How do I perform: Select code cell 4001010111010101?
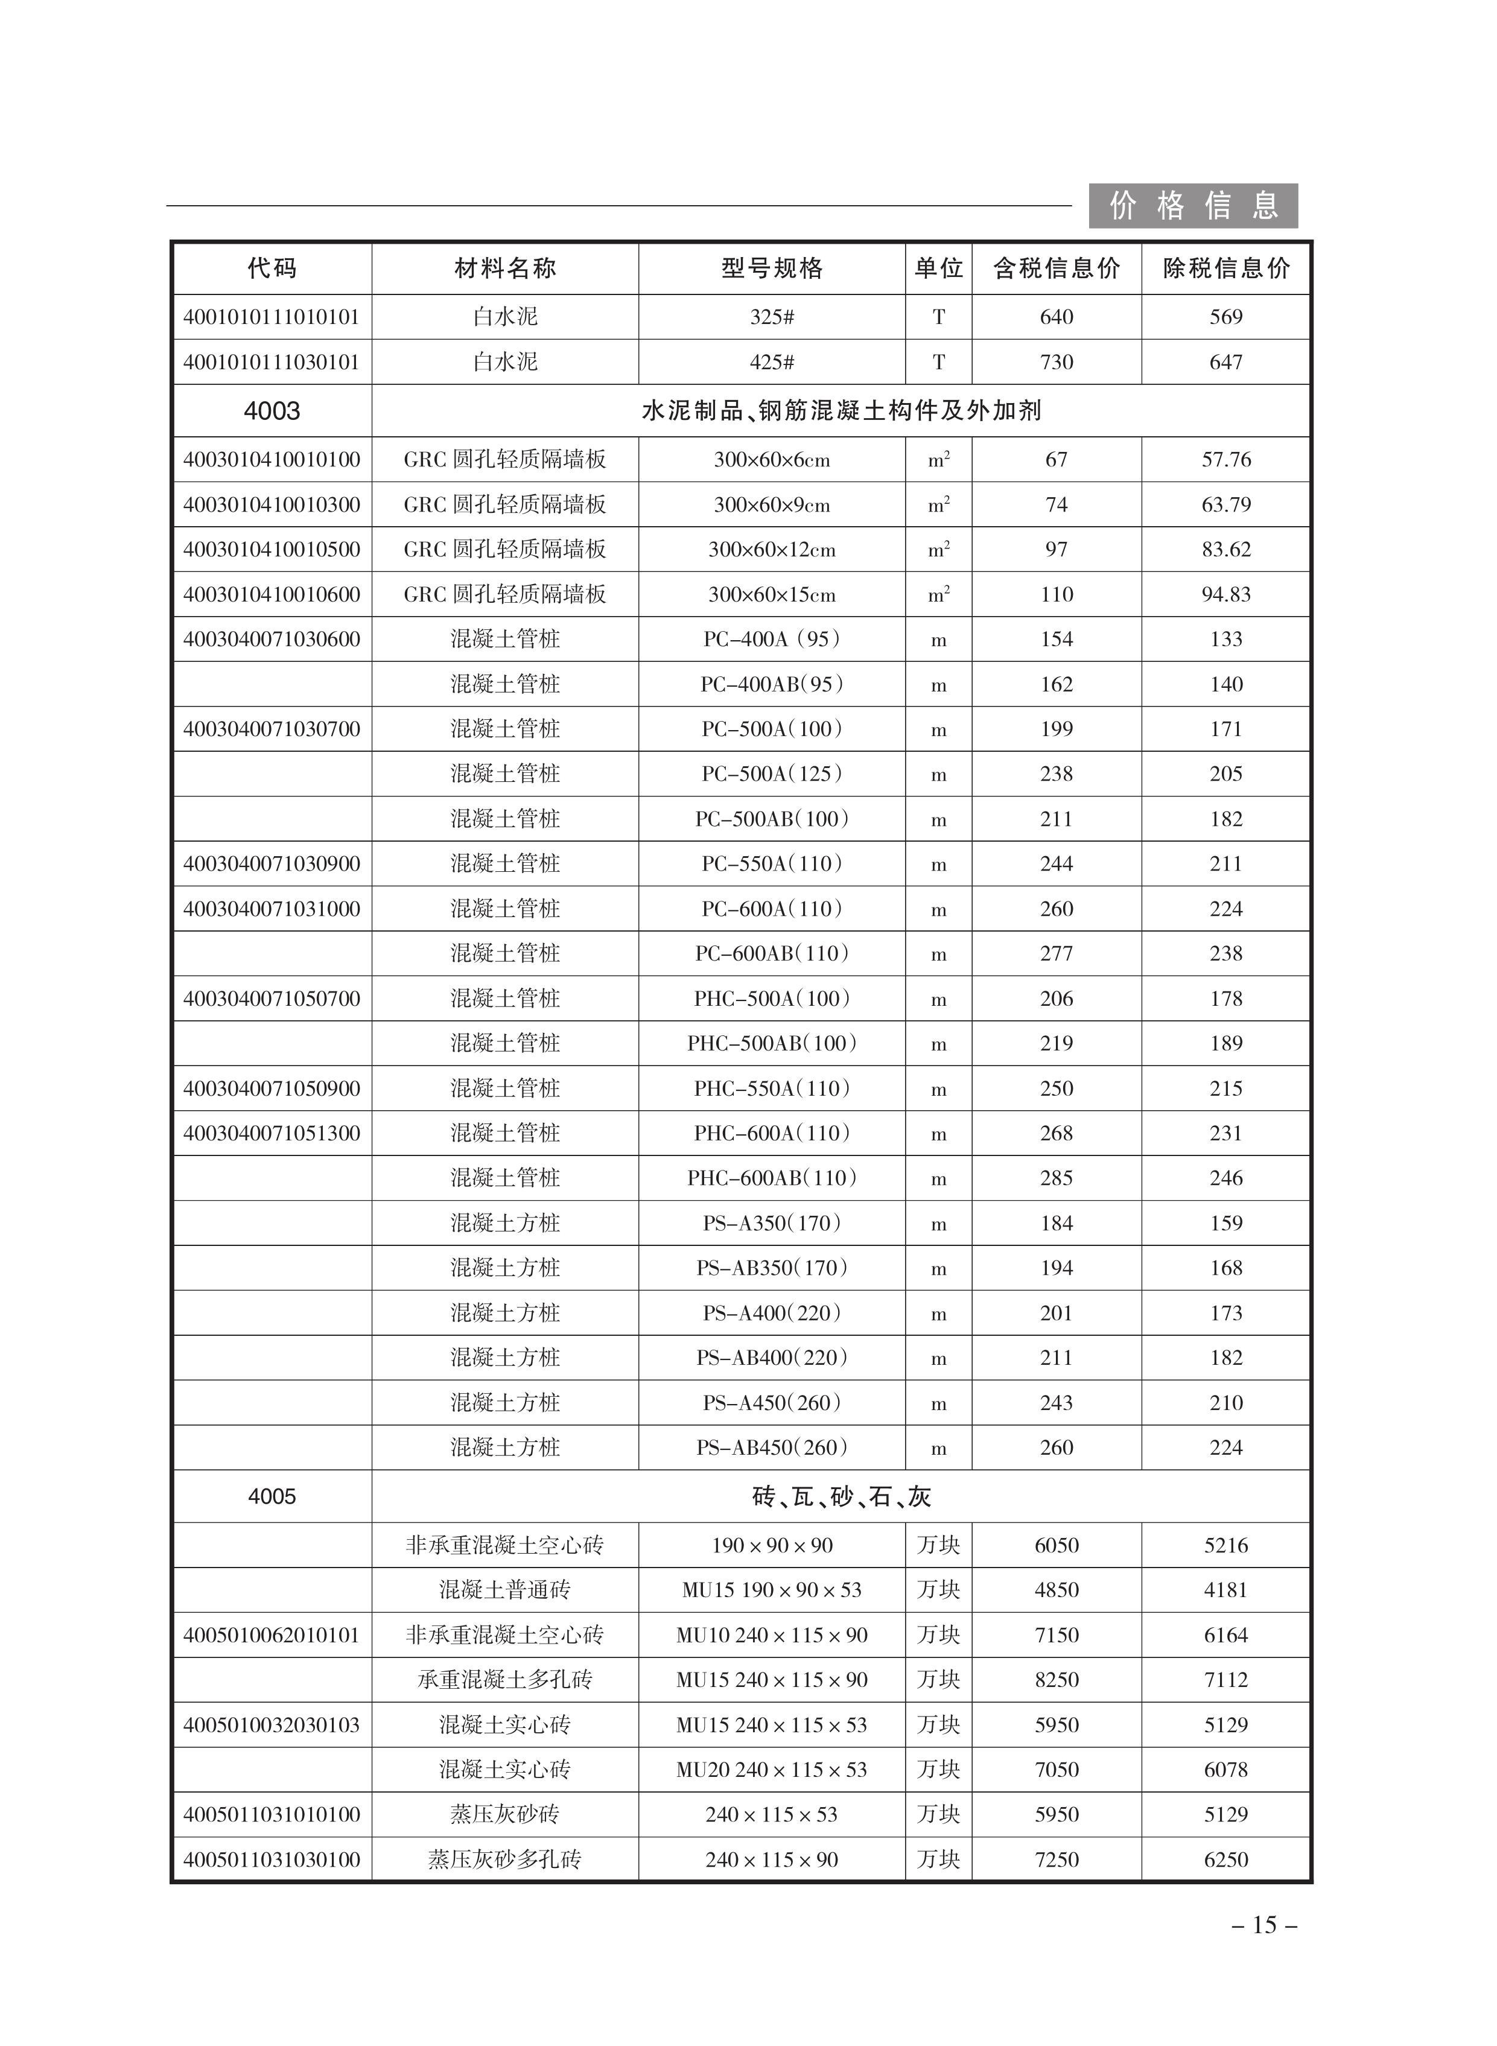coord(272,317)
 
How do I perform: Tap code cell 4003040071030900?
coord(272,863)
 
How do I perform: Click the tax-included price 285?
coord(1056,1178)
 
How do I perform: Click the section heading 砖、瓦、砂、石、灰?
coord(841,1497)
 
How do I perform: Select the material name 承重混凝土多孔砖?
coord(505,1680)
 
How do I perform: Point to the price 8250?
coord(1056,1680)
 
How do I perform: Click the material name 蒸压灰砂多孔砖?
coord(505,1860)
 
